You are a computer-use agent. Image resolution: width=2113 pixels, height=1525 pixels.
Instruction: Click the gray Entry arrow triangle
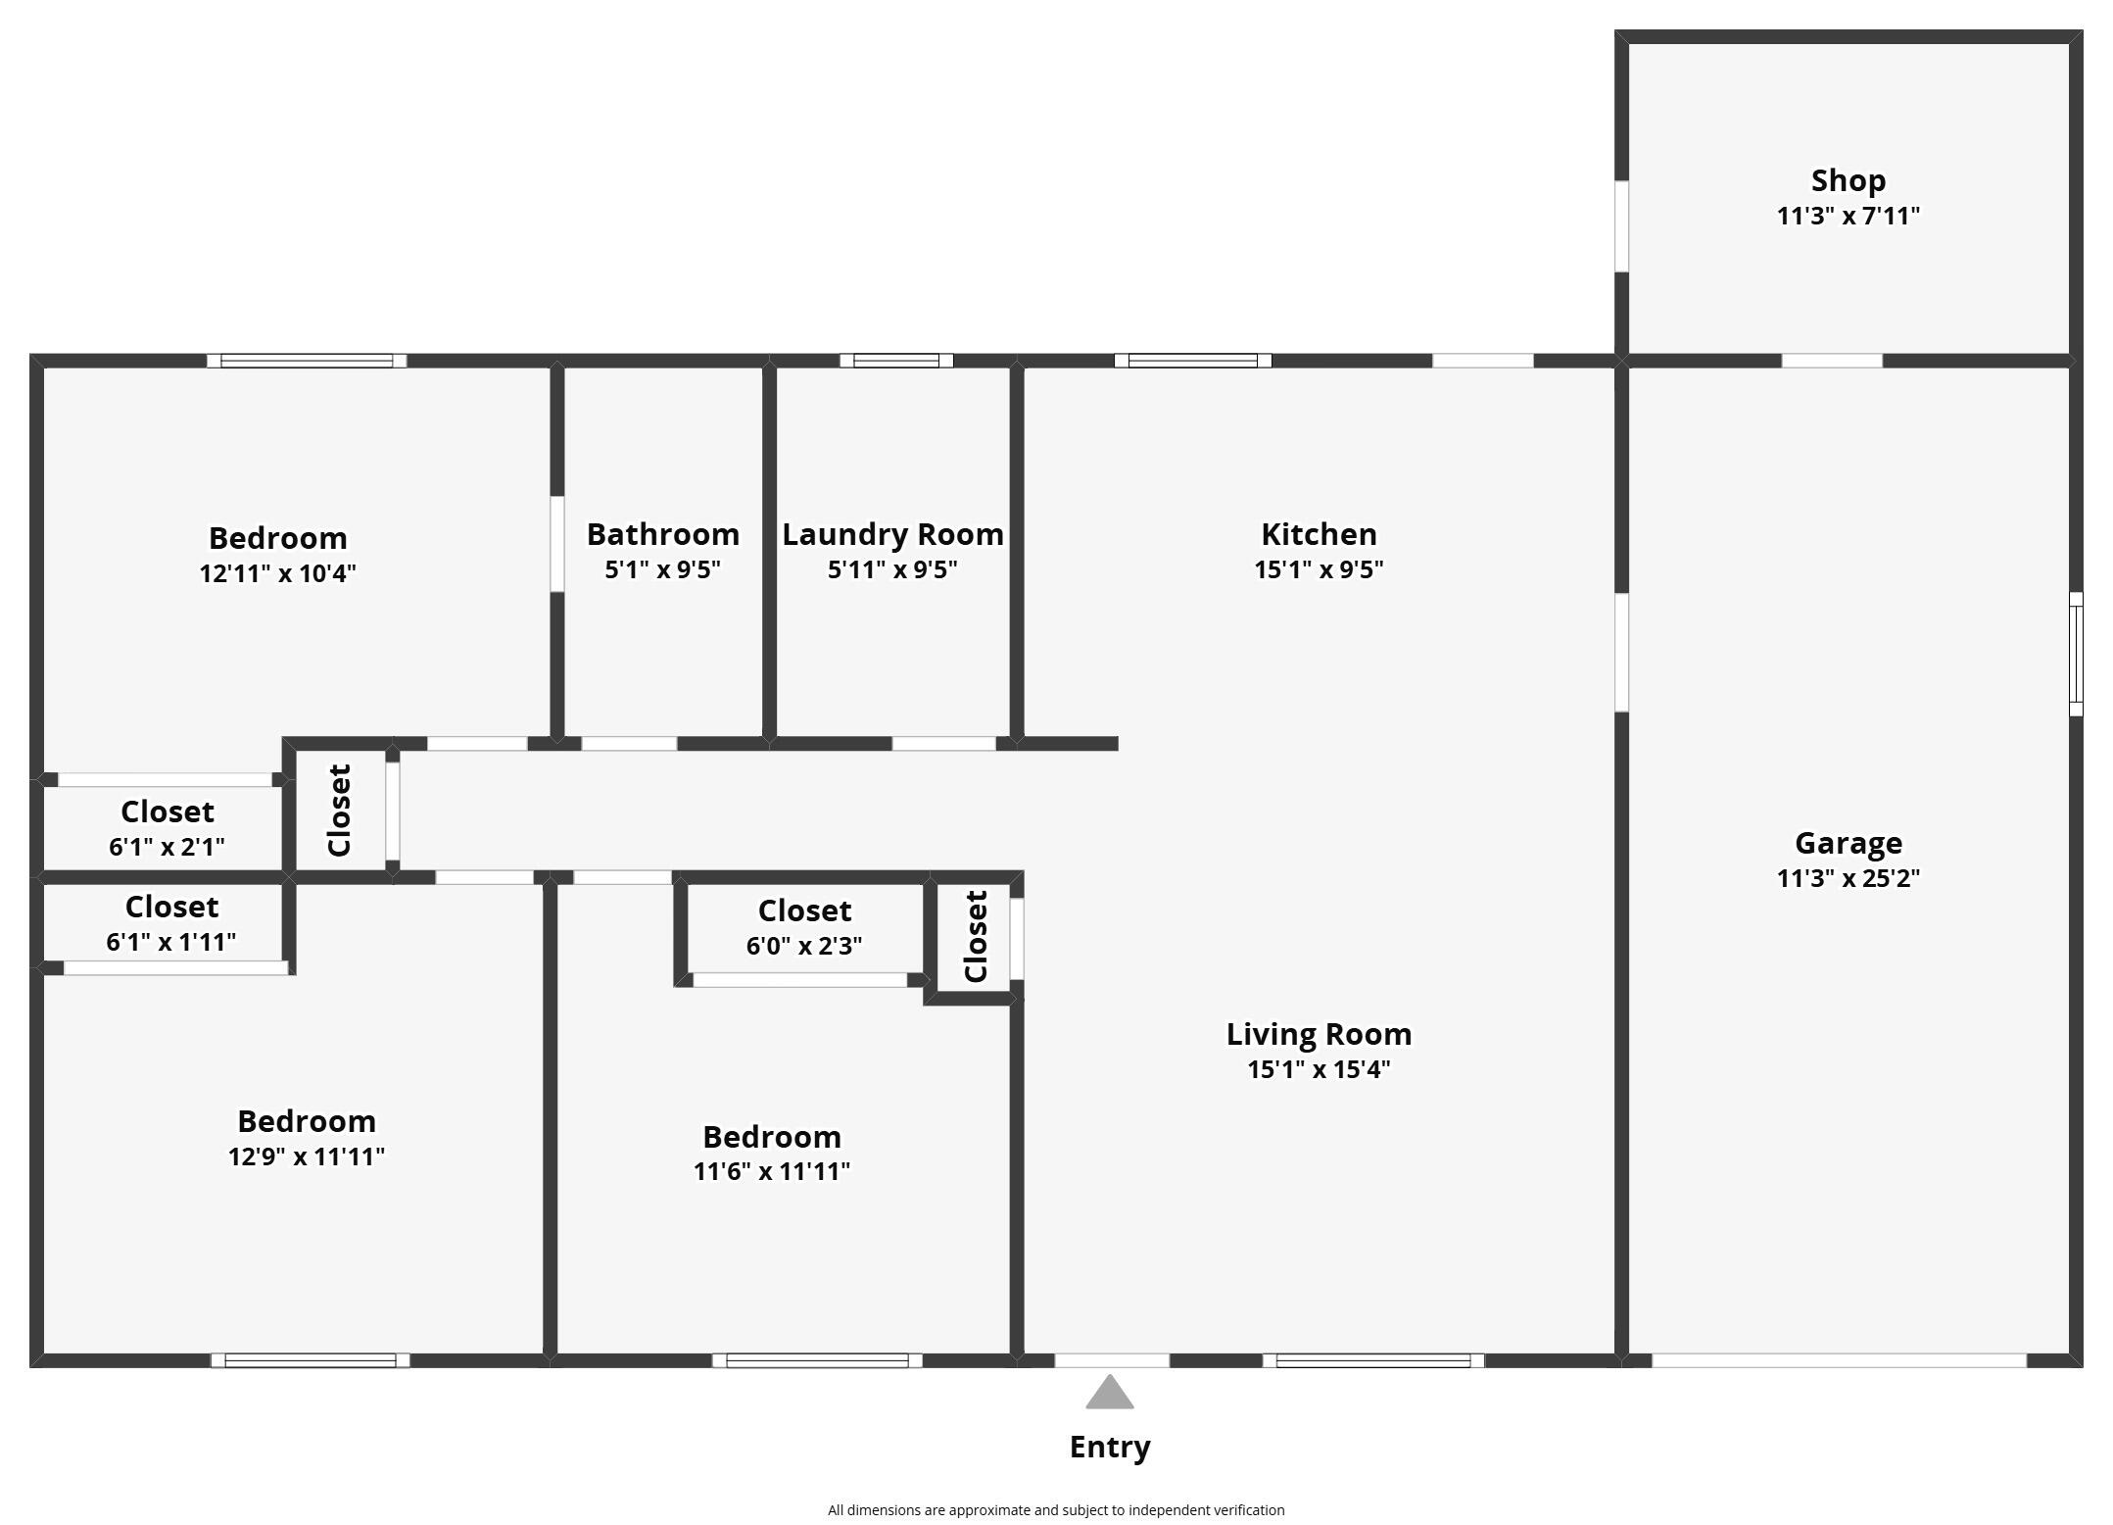tap(1109, 1394)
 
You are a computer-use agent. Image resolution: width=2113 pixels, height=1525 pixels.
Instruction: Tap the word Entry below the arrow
tap(1109, 1447)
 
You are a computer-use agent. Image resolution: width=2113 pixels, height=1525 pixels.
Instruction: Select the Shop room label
tap(1848, 180)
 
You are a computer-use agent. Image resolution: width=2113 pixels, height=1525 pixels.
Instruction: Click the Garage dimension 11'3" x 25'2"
tap(1848, 878)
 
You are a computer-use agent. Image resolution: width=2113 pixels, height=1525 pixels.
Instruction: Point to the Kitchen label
tap(1319, 534)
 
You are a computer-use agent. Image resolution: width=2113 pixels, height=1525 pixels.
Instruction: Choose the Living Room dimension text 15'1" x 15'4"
tap(1319, 1069)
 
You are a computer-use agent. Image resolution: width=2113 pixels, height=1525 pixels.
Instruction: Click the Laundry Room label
tap(892, 534)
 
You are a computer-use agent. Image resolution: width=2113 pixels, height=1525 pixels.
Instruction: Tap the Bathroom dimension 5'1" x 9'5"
tap(662, 569)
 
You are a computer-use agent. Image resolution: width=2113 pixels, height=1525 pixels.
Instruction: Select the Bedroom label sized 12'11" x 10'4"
tap(277, 538)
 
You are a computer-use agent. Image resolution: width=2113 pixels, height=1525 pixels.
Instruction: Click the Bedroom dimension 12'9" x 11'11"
tap(306, 1156)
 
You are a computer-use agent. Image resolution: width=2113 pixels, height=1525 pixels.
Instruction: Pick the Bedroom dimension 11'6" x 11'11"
tap(771, 1171)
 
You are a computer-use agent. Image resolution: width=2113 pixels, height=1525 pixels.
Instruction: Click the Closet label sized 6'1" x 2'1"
tap(167, 812)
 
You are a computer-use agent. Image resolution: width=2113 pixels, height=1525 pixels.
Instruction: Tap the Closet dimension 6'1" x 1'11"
tap(170, 942)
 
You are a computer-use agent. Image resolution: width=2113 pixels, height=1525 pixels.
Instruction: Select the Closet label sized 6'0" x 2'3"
tap(804, 910)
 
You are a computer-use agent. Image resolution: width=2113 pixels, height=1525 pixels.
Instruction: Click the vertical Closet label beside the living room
tap(976, 936)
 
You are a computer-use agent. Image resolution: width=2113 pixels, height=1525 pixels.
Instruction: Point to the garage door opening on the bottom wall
tap(1838, 1360)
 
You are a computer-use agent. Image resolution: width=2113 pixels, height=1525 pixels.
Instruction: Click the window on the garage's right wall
tap(2075, 654)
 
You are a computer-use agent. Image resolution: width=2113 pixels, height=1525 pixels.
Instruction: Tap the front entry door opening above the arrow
tap(1111, 1360)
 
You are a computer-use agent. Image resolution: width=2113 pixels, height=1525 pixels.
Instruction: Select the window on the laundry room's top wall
tap(895, 361)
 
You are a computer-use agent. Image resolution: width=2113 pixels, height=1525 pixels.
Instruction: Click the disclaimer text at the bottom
tap(1055, 1510)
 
